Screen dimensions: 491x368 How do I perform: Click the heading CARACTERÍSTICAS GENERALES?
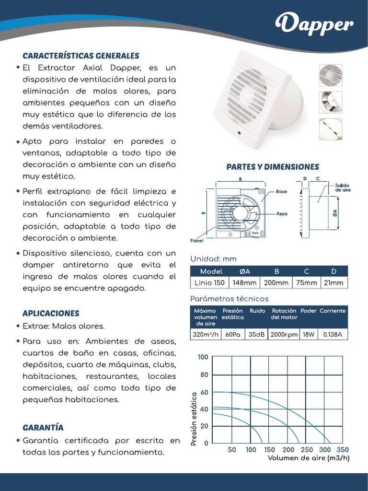pos(81,56)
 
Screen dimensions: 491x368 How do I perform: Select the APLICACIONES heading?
pos(51,313)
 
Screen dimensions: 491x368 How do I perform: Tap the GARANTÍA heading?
pos(43,427)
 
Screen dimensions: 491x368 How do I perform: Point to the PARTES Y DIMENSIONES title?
pos(272,167)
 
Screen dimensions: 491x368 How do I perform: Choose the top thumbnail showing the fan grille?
pos(331,75)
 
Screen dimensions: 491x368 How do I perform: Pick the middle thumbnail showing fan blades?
pos(331,102)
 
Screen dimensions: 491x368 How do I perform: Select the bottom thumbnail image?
pos(331,129)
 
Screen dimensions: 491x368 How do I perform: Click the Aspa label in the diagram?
pos(282,214)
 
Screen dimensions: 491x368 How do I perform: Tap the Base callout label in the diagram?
pos(282,191)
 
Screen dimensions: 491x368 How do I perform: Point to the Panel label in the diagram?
pos(197,241)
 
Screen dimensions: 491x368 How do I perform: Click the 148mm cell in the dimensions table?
pos(244,283)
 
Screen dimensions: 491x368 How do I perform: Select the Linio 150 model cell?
pos(209,283)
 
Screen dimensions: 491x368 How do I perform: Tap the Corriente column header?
pos(333,311)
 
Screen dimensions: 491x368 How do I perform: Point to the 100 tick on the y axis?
pos(203,357)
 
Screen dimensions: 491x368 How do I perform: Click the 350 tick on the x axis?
pos(343,450)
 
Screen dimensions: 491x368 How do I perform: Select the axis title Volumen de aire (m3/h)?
pos(308,458)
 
